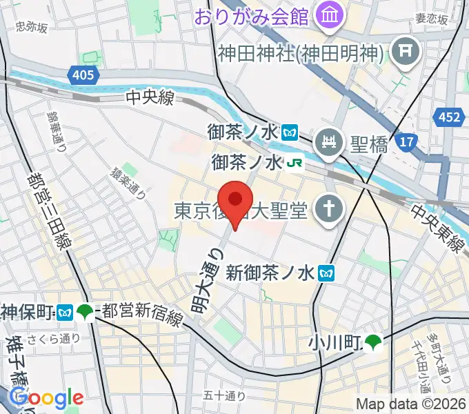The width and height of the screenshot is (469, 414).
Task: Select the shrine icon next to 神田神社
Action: [x=401, y=50]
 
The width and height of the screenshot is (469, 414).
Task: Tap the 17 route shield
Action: [x=407, y=143]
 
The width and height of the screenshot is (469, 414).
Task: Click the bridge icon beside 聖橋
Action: [x=327, y=143]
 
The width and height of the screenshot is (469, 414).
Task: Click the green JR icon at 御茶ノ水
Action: [x=295, y=164]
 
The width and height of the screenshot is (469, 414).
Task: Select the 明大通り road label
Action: [x=208, y=282]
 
